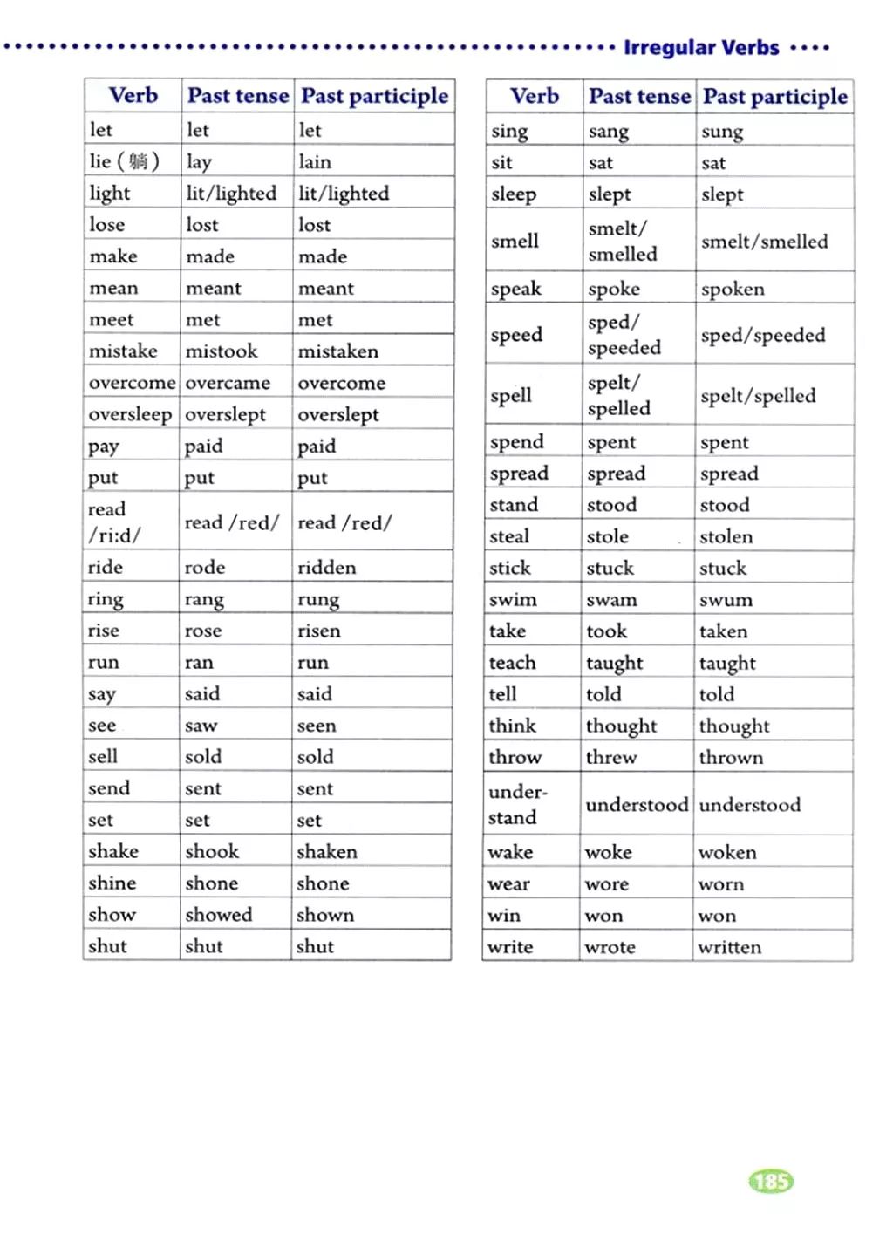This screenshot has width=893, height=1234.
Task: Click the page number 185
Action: click(771, 1182)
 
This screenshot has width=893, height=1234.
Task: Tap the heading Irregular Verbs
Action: click(701, 48)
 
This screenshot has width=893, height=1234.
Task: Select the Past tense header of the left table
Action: click(238, 95)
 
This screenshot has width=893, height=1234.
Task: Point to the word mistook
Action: click(222, 351)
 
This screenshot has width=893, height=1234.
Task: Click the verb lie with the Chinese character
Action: click(124, 161)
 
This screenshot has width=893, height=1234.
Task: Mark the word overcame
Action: click(228, 383)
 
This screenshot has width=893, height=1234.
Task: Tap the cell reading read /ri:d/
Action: click(114, 522)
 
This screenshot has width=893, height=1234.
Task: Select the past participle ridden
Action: click(327, 568)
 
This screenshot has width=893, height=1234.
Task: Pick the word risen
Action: click(319, 631)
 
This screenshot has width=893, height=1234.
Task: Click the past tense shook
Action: click(212, 851)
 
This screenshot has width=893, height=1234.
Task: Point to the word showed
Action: click(219, 915)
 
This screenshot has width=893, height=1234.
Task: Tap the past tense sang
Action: click(609, 132)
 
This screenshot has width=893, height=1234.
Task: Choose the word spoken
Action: click(733, 290)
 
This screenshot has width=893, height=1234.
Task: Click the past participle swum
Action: click(726, 600)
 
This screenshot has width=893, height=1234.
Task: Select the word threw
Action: click(611, 758)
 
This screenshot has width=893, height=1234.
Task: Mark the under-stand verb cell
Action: click(517, 804)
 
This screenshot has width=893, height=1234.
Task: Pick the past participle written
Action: click(730, 947)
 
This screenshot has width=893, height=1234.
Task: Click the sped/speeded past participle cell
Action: click(763, 336)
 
